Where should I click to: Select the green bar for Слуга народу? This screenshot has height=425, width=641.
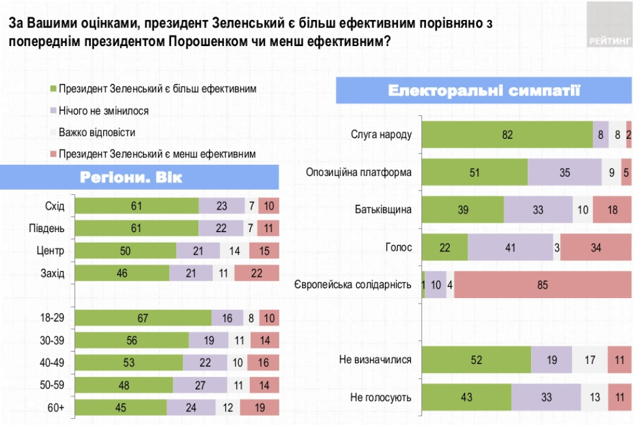tap(507, 134)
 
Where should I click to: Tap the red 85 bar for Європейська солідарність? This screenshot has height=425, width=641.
tap(543, 284)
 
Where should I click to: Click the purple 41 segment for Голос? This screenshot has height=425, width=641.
tap(510, 247)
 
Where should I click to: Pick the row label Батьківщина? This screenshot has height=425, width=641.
tap(385, 210)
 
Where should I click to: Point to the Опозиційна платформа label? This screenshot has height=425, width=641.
tap(359, 172)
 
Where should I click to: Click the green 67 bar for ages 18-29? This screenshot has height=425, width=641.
tap(142, 318)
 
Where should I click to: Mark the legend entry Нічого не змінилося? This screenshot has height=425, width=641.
tap(103, 111)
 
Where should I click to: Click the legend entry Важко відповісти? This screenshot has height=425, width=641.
tap(96, 132)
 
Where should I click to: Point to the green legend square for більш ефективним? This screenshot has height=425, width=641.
tap(53, 89)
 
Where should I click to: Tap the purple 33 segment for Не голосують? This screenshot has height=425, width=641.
tap(546, 397)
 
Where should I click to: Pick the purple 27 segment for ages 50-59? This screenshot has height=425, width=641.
tap(200, 385)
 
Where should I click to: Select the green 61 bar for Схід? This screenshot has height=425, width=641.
tap(136, 206)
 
